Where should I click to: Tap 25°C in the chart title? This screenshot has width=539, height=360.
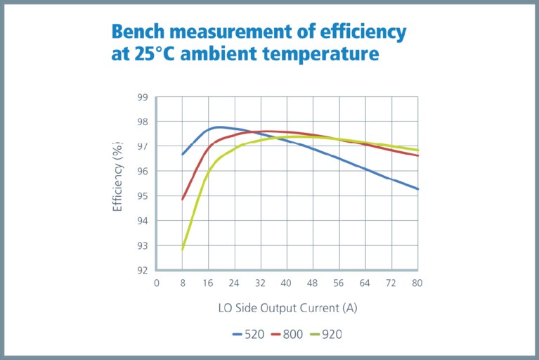150,53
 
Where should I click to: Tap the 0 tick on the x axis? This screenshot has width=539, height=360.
156,283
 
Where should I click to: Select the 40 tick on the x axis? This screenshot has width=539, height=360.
287,283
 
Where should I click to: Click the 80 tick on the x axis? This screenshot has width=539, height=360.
417,283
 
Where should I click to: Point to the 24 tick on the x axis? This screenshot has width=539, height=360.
235,283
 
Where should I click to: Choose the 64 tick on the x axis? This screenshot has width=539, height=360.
365,283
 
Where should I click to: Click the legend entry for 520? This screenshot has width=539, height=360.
248,334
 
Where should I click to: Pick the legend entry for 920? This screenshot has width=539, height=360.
325,334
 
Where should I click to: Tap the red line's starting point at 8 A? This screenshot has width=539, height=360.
183,199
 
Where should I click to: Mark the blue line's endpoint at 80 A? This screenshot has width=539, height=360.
417,189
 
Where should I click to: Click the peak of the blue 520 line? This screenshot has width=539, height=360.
220,127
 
